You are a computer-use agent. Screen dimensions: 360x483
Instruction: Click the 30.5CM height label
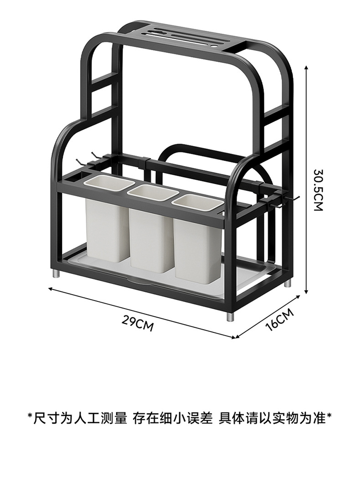point(318,190)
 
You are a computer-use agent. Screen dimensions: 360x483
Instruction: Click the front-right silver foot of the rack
point(230,316)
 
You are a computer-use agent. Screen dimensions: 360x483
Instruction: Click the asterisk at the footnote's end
point(329,416)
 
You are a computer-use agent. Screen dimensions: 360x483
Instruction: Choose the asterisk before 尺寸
point(31,416)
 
